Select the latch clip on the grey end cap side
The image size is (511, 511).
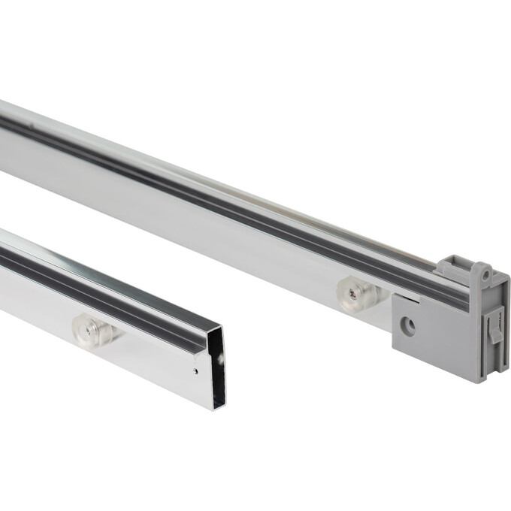coord(494,328)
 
